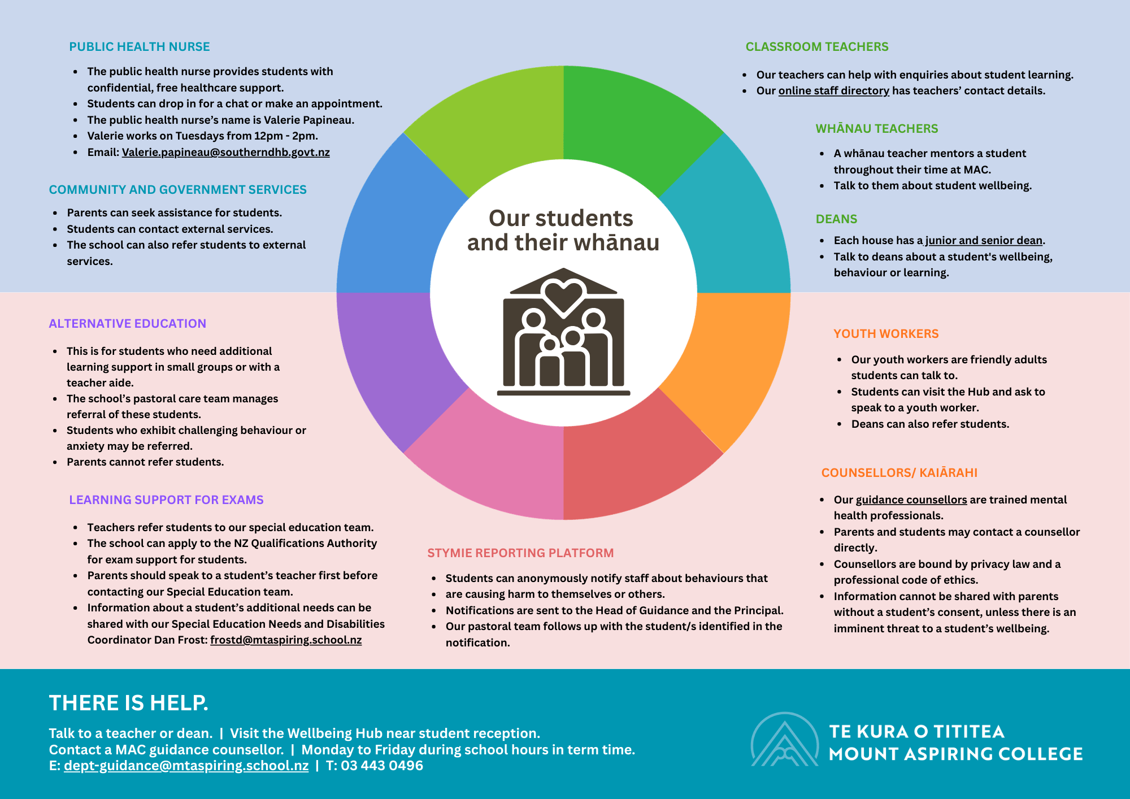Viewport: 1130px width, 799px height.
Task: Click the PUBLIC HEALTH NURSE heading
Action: pyautogui.click(x=139, y=47)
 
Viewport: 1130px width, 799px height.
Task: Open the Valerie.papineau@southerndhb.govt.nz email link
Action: pyautogui.click(x=225, y=153)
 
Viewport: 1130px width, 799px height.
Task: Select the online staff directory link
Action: pyautogui.click(x=833, y=91)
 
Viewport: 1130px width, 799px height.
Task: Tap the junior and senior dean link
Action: pyautogui.click(x=983, y=241)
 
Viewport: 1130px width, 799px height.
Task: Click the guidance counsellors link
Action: pyautogui.click(x=911, y=500)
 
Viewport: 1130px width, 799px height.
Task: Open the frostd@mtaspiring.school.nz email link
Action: pyautogui.click(x=286, y=640)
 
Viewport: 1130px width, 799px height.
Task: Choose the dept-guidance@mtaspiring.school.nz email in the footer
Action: pyautogui.click(x=186, y=766)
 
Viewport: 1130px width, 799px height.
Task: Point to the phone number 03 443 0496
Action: pyautogui.click(x=382, y=766)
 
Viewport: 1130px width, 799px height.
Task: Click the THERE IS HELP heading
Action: pyautogui.click(x=128, y=703)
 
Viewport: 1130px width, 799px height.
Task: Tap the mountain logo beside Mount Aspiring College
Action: pyautogui.click(x=784, y=740)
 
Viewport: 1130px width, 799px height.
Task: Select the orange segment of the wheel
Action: pyautogui.click(x=734, y=362)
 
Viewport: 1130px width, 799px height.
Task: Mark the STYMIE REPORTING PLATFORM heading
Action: pyautogui.click(x=520, y=553)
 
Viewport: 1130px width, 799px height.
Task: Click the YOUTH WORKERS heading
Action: pyautogui.click(x=885, y=334)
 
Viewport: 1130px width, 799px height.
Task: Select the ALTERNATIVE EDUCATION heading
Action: pyautogui.click(x=127, y=324)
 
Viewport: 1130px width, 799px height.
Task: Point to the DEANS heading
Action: pyautogui.click(x=836, y=219)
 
